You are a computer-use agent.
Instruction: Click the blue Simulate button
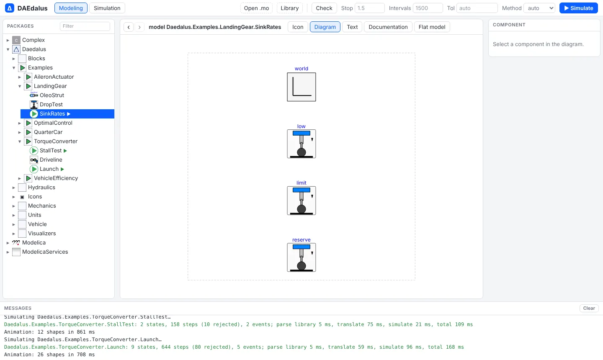579,8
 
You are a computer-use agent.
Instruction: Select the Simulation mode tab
107,8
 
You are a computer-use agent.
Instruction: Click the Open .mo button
256,8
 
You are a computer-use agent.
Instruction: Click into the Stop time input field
369,8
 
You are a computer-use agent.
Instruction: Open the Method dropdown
539,8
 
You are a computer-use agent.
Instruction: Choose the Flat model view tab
432,27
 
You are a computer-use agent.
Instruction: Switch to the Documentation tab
388,27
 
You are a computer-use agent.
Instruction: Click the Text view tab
352,27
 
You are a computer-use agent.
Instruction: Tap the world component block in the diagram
301,87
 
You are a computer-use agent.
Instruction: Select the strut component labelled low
301,144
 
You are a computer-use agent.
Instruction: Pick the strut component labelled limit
301,201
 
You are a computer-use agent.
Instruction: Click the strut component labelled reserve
301,257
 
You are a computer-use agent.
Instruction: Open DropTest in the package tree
51,104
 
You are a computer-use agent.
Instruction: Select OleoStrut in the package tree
52,95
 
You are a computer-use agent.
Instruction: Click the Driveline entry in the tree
51,160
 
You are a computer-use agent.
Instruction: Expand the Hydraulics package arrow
14,188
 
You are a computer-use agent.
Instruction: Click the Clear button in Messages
589,308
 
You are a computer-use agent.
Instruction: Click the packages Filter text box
85,26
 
